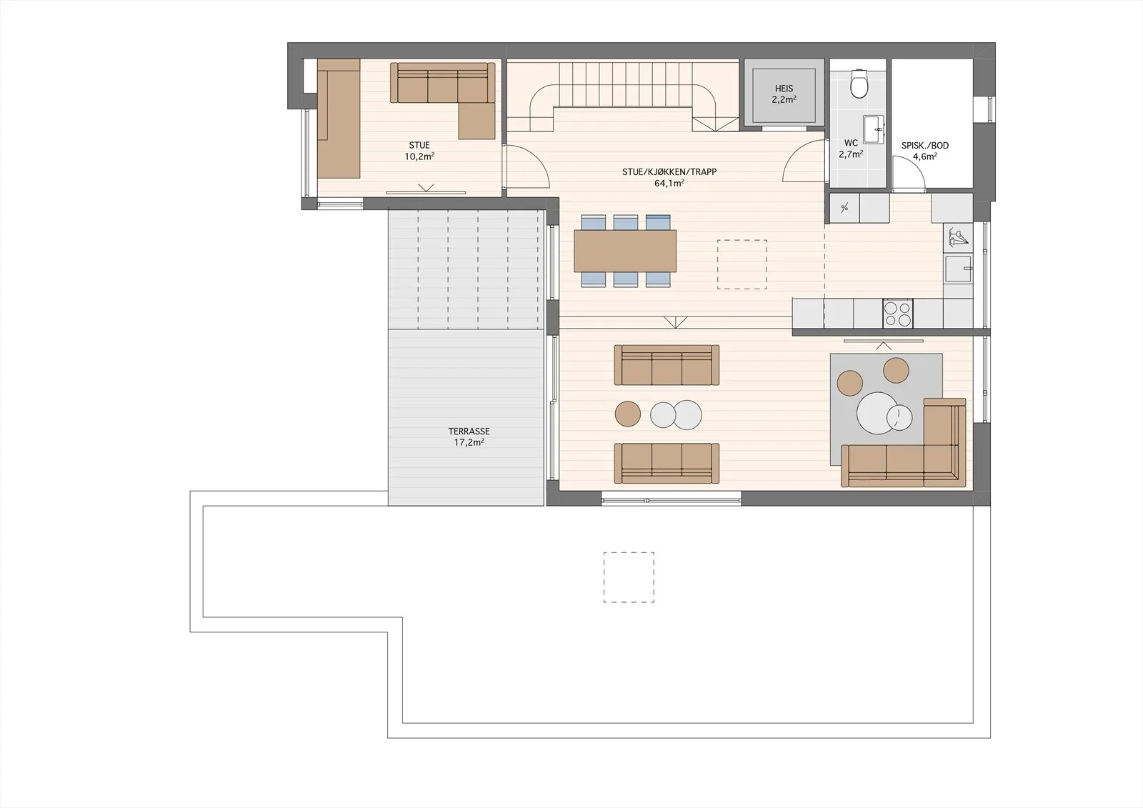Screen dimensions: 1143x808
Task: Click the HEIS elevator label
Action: tap(784, 89)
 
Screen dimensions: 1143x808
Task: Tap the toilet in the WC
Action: tap(859, 84)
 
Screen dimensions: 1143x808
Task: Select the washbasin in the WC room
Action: tap(873, 130)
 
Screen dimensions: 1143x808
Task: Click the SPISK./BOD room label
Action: tap(925, 146)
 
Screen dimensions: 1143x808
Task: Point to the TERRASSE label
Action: tap(469, 432)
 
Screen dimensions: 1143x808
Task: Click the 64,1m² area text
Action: tap(669, 183)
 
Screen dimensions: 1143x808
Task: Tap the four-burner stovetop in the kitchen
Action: tap(897, 314)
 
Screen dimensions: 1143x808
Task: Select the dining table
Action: tap(625, 251)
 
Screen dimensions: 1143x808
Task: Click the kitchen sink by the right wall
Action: tap(958, 269)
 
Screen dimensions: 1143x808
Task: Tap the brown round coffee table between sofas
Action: tap(628, 414)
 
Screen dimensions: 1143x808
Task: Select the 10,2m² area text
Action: tap(419, 156)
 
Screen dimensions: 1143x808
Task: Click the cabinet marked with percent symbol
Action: tap(844, 208)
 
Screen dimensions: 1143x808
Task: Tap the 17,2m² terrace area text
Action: tap(469, 442)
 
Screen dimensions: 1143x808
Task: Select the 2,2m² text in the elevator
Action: tap(784, 99)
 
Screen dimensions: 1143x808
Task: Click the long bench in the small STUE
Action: tap(339, 118)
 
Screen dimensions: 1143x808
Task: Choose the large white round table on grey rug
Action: tap(877, 412)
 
